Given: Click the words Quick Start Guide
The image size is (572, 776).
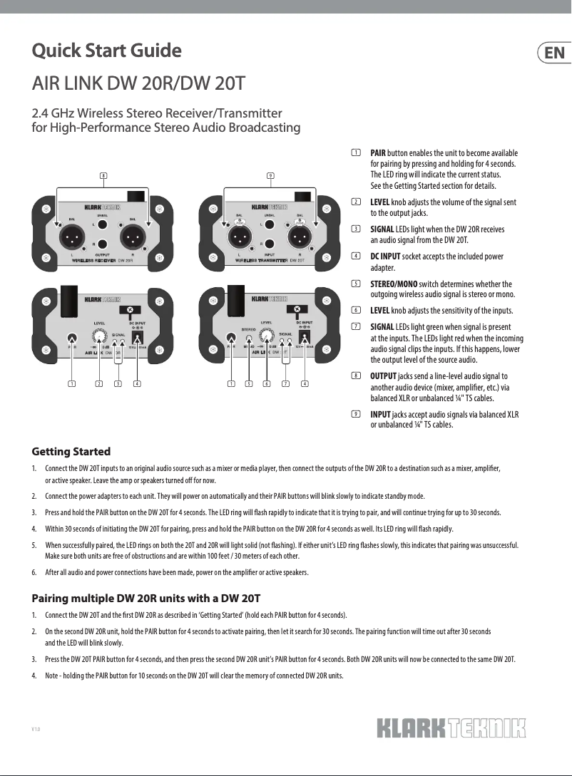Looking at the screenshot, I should pos(106,51).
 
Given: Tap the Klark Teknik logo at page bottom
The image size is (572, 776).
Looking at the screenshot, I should pos(451,728).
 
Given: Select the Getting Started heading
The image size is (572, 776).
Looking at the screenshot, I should pos(71,452).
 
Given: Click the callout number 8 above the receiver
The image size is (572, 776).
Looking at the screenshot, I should pos(103,175).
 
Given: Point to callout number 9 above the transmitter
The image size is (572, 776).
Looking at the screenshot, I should pos(270,175).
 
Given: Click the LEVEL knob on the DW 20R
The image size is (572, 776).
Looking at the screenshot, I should pos(101,336).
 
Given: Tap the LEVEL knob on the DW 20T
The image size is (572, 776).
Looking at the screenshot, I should pos(267,335).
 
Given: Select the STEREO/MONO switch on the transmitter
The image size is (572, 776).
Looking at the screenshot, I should pos(248,338).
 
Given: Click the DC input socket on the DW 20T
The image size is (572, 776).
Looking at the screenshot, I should pos(305,337).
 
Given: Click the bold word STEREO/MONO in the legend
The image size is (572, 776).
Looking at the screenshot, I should pos(394,284).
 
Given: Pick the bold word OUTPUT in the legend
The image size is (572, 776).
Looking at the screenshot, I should pos(384,376).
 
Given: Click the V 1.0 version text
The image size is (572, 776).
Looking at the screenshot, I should pos(36,728).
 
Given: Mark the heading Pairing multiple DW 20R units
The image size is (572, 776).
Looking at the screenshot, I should pos(146,597).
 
